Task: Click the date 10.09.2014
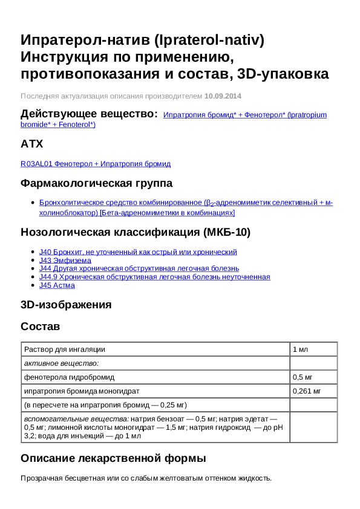pos(223,96)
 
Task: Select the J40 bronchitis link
pos(138,251)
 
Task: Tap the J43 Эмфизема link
pos(65,260)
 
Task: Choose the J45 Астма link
pos(57,285)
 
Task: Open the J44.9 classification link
pos(154,277)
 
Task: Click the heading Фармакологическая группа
pos(97,183)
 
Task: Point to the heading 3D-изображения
pos(66,305)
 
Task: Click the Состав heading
pos(41,326)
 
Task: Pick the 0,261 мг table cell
pos(307,391)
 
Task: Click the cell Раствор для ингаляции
pos(65,349)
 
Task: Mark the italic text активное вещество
pos(61,363)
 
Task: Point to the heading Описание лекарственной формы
pos(114,458)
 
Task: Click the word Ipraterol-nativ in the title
pos(209,41)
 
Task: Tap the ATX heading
pos(31,144)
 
